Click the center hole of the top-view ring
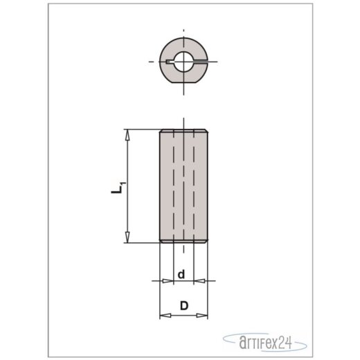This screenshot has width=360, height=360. click(x=183, y=62)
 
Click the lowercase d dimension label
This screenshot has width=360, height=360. click(x=181, y=275)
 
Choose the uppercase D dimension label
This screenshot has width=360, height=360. click(x=183, y=305)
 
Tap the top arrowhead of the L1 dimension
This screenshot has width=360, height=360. click(x=127, y=134)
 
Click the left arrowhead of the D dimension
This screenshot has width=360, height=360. click(x=163, y=316)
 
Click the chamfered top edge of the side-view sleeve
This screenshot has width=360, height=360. click(x=183, y=131)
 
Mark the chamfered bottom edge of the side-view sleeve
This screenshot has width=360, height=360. click(x=183, y=242)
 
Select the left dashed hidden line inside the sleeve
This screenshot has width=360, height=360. click(x=174, y=187)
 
